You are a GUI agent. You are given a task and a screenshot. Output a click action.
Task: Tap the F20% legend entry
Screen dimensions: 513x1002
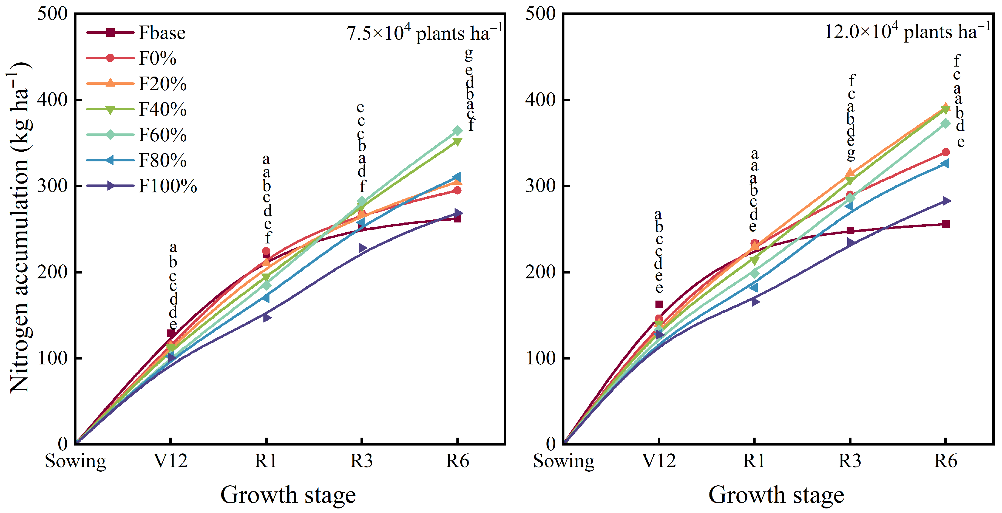(163, 84)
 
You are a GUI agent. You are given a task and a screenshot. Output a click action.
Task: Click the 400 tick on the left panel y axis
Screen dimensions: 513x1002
(52, 100)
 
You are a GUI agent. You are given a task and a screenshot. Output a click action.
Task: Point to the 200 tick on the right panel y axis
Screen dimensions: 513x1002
(541, 272)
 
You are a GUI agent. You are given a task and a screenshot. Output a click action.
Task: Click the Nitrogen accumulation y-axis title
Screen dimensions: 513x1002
(19, 228)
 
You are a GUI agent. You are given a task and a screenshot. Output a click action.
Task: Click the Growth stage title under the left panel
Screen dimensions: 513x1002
(288, 495)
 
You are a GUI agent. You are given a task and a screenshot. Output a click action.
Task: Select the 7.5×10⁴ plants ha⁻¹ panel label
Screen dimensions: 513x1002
(424, 33)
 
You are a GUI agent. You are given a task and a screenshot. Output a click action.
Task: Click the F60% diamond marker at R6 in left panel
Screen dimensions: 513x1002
(457, 131)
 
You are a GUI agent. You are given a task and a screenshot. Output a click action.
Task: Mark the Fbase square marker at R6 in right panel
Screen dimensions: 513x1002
(946, 224)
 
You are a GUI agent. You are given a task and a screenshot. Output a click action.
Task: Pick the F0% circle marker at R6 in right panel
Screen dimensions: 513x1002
(946, 152)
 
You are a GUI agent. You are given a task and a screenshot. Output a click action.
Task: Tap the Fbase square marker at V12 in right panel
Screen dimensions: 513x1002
(659, 304)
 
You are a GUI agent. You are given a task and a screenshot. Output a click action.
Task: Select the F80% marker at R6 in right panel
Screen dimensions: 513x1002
(945, 163)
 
